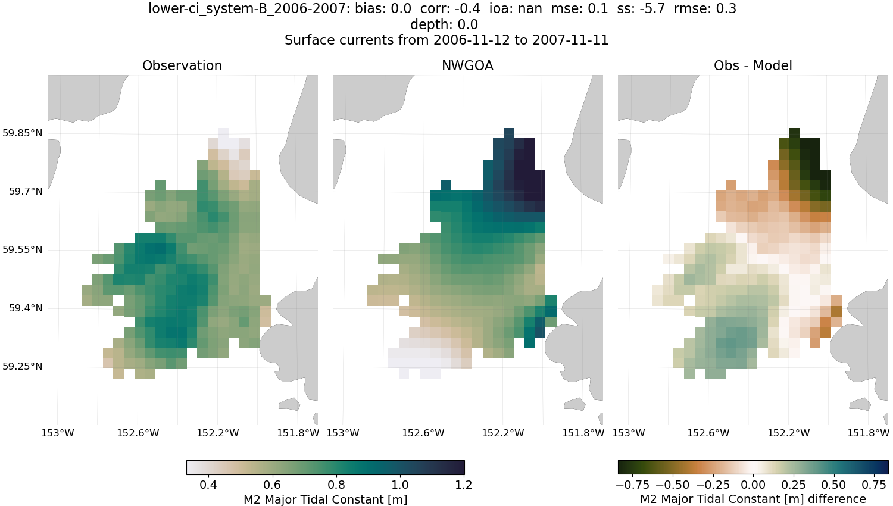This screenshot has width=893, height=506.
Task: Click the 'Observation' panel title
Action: click(x=182, y=65)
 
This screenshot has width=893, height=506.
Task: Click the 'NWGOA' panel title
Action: click(x=467, y=65)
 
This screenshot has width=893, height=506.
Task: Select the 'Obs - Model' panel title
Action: click(x=753, y=65)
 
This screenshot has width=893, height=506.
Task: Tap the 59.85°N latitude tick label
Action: click(x=23, y=133)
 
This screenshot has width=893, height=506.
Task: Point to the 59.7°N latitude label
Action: click(x=26, y=191)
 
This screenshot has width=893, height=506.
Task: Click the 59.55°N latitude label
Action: click(x=23, y=249)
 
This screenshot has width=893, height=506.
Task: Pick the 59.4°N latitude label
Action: click(x=26, y=308)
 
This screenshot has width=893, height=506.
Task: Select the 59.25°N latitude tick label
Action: click(x=23, y=366)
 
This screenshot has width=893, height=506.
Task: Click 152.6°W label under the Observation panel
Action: click(x=138, y=433)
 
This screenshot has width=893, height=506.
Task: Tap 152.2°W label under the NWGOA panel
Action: click(x=502, y=433)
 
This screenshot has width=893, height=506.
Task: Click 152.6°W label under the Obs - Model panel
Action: click(x=708, y=433)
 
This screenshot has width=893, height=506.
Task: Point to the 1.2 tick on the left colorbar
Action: click(x=464, y=485)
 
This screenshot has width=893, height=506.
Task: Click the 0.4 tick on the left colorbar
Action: click(x=208, y=485)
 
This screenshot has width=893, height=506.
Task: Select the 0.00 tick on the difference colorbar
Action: click(x=753, y=485)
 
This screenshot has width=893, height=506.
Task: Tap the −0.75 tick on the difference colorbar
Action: click(x=632, y=485)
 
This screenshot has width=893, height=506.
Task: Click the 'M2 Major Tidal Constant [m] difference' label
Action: click(x=753, y=499)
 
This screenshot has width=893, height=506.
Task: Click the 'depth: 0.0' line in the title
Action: click(x=444, y=24)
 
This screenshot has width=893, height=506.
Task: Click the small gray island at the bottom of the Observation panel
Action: click(x=289, y=405)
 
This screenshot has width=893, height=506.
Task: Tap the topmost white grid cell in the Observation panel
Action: click(x=223, y=133)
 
